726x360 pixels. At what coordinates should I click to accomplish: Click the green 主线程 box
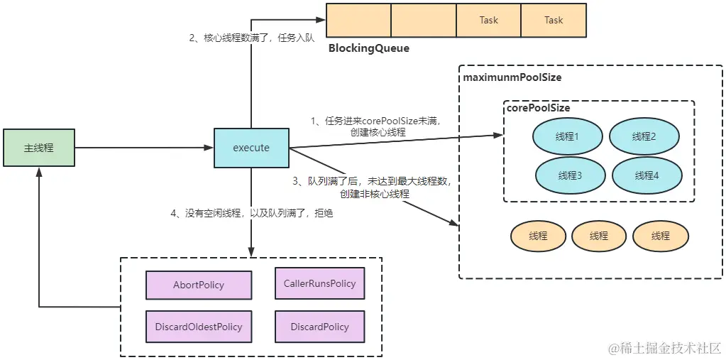point(38,148)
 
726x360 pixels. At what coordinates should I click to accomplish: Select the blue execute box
point(251,148)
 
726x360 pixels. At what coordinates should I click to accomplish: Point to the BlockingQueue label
point(368,49)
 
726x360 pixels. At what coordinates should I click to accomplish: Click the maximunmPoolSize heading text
point(512,77)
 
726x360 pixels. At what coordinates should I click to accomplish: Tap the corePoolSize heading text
point(537,108)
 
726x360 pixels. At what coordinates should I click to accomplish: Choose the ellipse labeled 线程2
point(644,136)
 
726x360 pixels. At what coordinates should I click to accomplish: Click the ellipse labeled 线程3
point(569,175)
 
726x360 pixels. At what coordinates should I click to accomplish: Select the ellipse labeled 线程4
point(647,175)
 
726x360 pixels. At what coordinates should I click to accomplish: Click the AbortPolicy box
point(199,285)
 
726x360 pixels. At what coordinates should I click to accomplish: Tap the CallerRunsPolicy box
point(319,283)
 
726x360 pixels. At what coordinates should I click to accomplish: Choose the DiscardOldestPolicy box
point(199,327)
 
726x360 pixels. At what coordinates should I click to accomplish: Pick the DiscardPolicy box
point(319,327)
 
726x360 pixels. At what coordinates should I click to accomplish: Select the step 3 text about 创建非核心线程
point(372,187)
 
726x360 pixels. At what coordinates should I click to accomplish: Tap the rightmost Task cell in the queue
point(554,20)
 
